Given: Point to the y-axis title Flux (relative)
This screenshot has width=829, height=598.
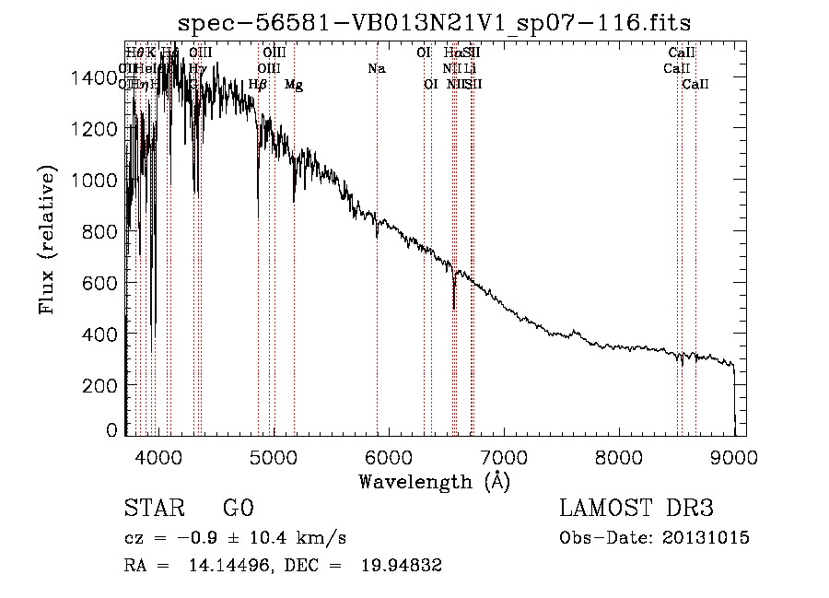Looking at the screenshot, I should tap(47, 240).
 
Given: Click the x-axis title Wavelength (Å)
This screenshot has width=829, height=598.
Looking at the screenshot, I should tap(434, 481).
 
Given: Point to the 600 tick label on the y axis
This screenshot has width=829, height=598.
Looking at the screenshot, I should tap(102, 283).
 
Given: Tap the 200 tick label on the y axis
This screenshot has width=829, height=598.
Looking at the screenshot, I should tap(102, 385).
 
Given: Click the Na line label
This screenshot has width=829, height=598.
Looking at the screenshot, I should tap(376, 68).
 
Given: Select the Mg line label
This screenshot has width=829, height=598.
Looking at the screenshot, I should tap(294, 85).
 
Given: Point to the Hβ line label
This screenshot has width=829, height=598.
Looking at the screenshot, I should tap(258, 85).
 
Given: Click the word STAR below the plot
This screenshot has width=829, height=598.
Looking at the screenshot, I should tap(153, 509).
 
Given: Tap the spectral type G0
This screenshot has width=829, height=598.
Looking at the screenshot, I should tap(238, 509).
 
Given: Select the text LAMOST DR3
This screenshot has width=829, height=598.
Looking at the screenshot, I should tap(636, 509).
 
